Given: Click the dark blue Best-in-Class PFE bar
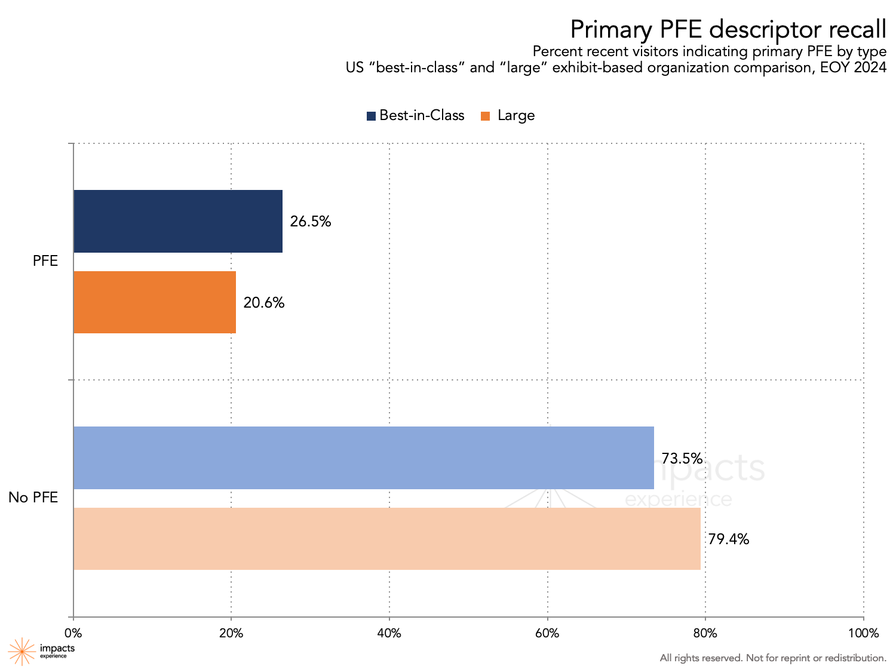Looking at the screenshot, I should pyautogui.click(x=177, y=221).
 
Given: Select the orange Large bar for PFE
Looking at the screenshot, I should pyautogui.click(x=154, y=302).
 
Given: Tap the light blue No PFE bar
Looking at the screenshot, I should pyautogui.click(x=363, y=458).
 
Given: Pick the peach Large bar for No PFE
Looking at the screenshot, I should pyautogui.click(x=386, y=539).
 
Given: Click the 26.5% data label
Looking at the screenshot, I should pyautogui.click(x=310, y=222).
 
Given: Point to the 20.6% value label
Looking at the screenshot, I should pyautogui.click(x=263, y=303).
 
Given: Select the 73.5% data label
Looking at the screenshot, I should pyautogui.click(x=682, y=459).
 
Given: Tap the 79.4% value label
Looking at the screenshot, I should pyautogui.click(x=728, y=539).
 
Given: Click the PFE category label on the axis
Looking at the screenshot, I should pyautogui.click(x=45, y=261).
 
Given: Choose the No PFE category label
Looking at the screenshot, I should pyautogui.click(x=33, y=497).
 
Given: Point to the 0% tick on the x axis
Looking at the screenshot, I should pyautogui.click(x=73, y=633).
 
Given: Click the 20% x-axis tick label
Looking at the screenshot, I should pyautogui.click(x=231, y=633).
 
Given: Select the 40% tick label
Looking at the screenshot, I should pyautogui.click(x=389, y=633).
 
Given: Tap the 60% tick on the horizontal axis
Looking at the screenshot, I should pyautogui.click(x=547, y=633).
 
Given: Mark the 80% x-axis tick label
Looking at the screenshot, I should pyautogui.click(x=705, y=633).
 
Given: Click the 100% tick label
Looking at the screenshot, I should pyautogui.click(x=863, y=633).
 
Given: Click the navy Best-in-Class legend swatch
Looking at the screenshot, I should pyautogui.click(x=371, y=116).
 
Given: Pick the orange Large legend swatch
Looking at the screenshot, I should pyautogui.click(x=485, y=116).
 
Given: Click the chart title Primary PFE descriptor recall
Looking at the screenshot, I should pyautogui.click(x=728, y=29).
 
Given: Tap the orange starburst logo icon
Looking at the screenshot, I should pyautogui.click(x=22, y=651).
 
